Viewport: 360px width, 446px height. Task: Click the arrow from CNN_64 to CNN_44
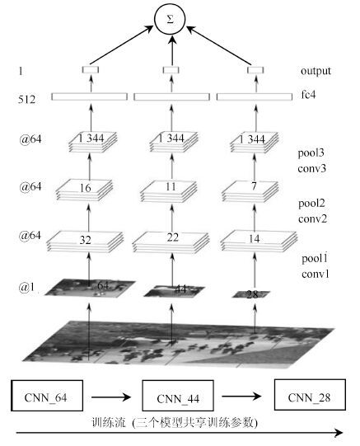tap(111, 397)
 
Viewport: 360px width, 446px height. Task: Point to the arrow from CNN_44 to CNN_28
tap(241, 396)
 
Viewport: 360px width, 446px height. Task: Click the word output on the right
tap(316, 71)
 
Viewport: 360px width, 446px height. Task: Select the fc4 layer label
tap(308, 94)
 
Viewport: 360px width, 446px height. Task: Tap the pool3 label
tap(311, 153)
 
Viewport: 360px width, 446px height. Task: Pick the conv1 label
tap(316, 274)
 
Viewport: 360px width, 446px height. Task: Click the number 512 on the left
tap(26, 99)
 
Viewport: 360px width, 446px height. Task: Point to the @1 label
tap(27, 287)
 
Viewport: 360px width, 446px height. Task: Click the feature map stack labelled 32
tap(85, 242)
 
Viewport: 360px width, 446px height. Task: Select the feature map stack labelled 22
tap(171, 242)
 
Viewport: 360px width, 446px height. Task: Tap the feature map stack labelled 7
tap(250, 191)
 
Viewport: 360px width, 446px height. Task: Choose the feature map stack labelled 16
tap(85, 190)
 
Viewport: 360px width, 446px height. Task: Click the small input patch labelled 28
tap(251, 294)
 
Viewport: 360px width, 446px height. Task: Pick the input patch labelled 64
tap(90, 289)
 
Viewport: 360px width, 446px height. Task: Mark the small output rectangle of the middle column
tap(171, 70)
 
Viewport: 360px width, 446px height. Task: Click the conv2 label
tap(312, 218)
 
